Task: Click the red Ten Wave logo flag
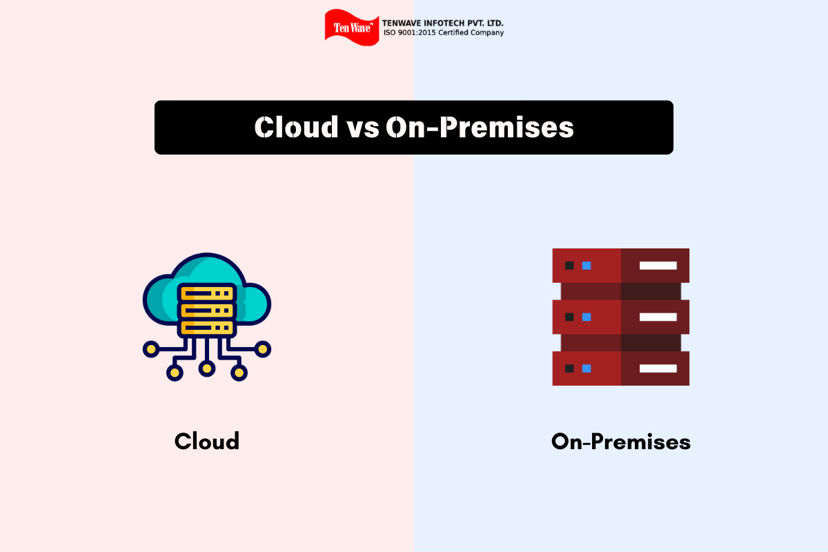tap(352, 28)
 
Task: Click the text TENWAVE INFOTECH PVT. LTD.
tap(442, 23)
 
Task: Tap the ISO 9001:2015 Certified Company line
tap(444, 33)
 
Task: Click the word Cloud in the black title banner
tap(296, 127)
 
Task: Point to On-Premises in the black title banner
tap(480, 128)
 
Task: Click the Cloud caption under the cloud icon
tap(207, 441)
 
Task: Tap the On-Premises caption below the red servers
tap(621, 442)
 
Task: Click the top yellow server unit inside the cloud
tap(207, 293)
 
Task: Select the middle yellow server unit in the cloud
tap(207, 310)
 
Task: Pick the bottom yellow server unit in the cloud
tap(207, 328)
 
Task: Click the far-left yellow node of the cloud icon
tap(151, 349)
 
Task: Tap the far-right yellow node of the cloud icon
tap(263, 349)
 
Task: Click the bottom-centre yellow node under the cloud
tap(207, 368)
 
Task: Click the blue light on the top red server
tap(586, 266)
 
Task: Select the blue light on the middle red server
tap(586, 317)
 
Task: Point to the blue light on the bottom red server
tap(586, 368)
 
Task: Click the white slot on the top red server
tap(658, 266)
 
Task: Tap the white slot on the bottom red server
tap(658, 368)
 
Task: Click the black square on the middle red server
tap(570, 317)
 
